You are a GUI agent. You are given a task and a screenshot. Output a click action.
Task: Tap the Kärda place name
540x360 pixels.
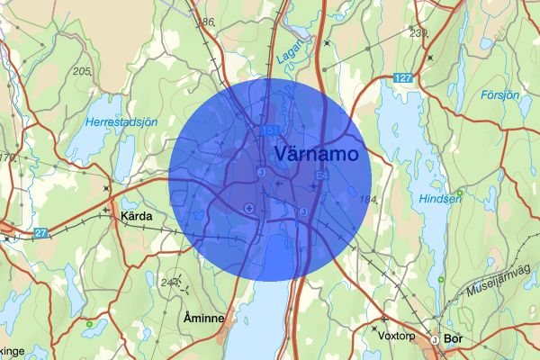[x=135, y=217]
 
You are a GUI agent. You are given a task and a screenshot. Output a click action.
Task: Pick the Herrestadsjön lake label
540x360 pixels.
[x=122, y=121]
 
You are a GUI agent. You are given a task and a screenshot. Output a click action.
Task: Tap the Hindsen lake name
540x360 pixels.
[x=441, y=198]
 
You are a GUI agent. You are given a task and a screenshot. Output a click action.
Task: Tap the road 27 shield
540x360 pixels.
[x=41, y=233]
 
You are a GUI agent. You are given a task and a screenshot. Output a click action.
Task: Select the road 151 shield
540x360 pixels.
[x=270, y=130]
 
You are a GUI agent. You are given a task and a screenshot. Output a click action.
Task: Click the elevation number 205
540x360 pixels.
[x=84, y=71]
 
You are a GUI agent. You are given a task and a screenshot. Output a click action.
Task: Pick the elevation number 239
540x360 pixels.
[x=418, y=33]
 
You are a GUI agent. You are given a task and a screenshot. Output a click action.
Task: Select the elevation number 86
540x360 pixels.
[x=209, y=22]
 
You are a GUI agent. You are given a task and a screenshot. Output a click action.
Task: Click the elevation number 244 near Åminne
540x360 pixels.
[x=169, y=283]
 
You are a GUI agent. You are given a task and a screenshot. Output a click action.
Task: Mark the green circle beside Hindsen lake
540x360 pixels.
[x=459, y=192]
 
